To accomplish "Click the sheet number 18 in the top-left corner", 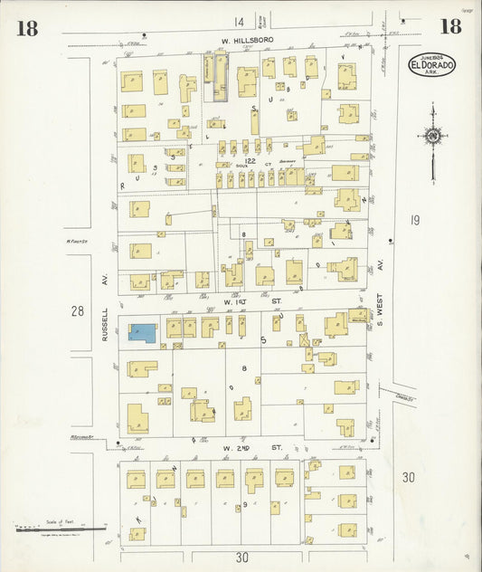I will [x=26, y=27].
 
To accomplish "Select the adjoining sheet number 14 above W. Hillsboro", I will [x=239, y=22].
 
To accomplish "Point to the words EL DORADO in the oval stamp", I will [x=432, y=66].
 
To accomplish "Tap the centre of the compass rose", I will [x=433, y=136].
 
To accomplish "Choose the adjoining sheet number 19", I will [x=414, y=219].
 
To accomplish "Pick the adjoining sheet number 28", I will [x=79, y=311].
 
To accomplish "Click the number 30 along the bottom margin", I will [x=241, y=558].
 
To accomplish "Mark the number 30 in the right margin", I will [x=409, y=477].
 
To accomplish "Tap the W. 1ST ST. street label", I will [x=240, y=299].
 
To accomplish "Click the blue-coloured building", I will [x=142, y=332].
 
